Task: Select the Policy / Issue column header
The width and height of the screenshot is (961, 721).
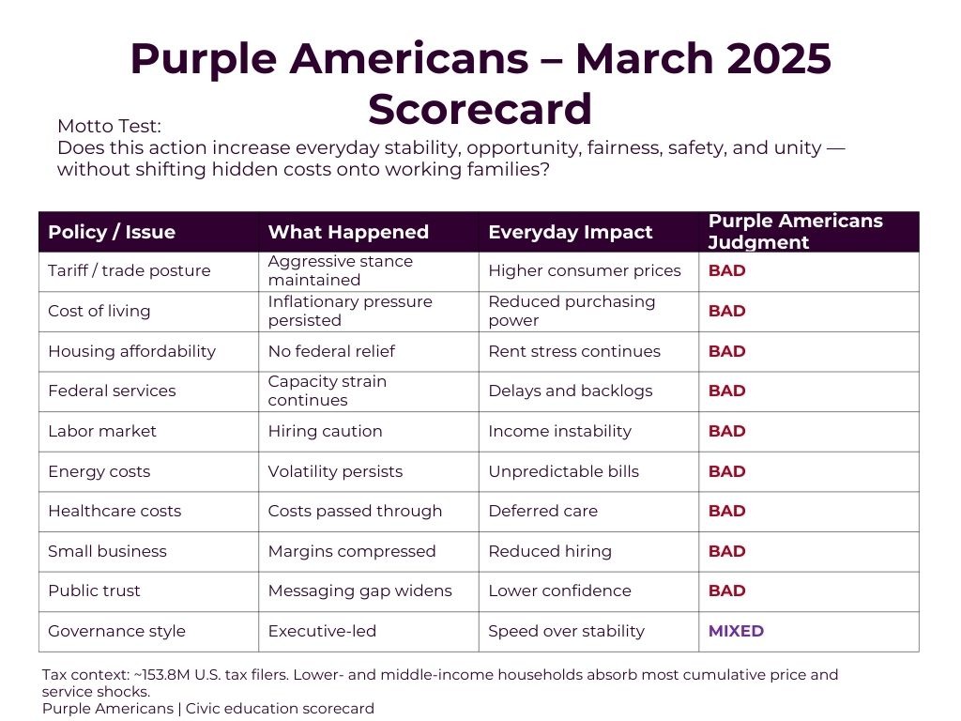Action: (x=112, y=232)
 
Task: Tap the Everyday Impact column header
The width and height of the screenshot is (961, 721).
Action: (x=570, y=232)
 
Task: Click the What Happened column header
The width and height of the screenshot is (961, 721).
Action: (x=348, y=232)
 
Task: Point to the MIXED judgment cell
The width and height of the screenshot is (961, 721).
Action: (x=736, y=631)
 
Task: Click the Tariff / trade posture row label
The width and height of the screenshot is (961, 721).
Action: (x=130, y=270)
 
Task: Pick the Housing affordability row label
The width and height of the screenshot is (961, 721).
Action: (x=131, y=351)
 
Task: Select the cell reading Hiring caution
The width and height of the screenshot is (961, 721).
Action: (x=325, y=431)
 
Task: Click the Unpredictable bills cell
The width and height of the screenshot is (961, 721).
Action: (x=563, y=471)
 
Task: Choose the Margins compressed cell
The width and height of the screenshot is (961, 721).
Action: (x=352, y=551)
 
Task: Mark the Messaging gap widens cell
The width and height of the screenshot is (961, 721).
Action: (x=359, y=591)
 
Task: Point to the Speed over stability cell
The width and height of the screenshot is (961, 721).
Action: (x=566, y=631)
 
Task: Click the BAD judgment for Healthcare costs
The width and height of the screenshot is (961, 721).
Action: (x=726, y=511)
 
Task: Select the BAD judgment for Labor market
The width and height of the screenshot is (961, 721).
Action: (x=726, y=431)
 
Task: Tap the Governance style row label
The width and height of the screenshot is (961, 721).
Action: (x=116, y=631)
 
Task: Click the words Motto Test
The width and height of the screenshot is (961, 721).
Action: (x=110, y=126)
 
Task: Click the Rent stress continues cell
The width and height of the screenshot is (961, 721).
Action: (x=574, y=351)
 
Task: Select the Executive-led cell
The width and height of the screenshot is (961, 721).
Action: (x=322, y=631)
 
